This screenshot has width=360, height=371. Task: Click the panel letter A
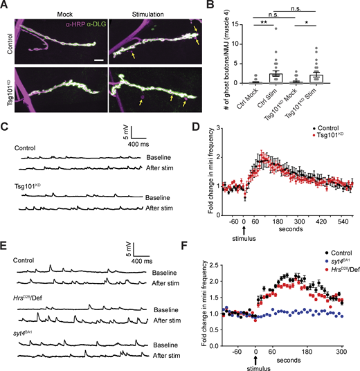point(6,6)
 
